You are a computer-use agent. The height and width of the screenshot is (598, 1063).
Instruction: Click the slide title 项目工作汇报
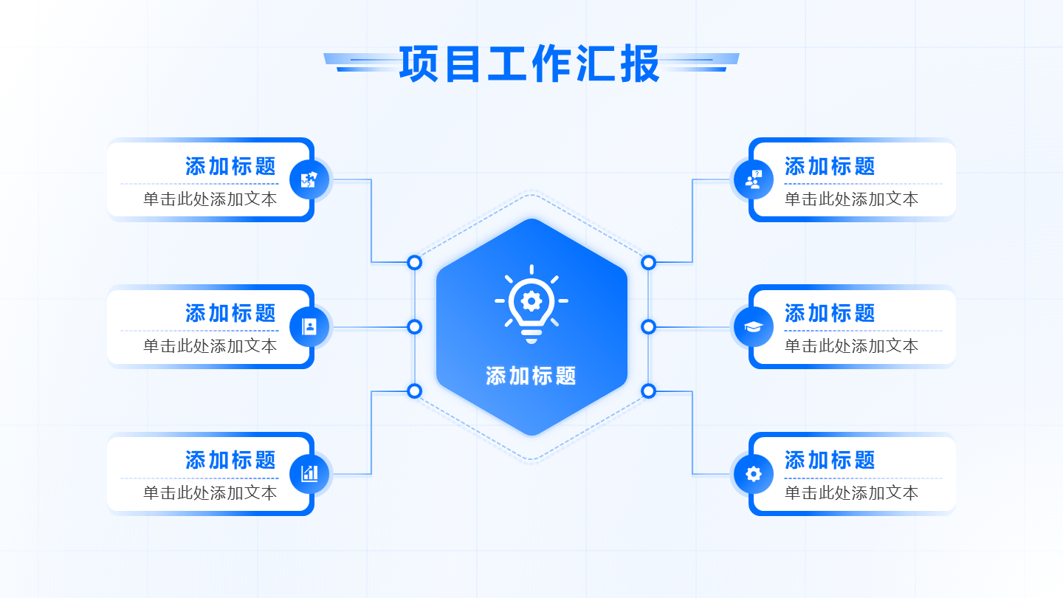tap(529, 64)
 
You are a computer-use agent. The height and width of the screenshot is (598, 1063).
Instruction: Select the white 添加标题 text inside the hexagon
tap(531, 376)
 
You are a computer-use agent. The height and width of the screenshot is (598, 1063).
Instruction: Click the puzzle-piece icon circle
tap(309, 179)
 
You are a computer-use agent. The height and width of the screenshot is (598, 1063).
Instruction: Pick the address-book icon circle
tap(309, 326)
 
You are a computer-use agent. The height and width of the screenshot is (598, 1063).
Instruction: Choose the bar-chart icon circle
tap(309, 473)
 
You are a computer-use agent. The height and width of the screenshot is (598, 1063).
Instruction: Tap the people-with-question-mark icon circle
tap(754, 179)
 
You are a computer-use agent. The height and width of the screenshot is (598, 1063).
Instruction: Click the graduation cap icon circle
tap(754, 326)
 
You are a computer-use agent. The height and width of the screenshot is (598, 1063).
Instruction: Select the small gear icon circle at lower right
tap(754, 473)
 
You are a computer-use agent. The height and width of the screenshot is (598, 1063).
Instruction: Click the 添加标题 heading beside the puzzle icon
tap(230, 166)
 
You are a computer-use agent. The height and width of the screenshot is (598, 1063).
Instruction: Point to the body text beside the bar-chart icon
tap(210, 492)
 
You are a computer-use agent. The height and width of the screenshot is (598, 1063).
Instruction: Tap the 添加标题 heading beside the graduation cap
tap(830, 313)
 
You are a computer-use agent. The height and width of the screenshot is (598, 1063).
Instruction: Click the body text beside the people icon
tap(851, 199)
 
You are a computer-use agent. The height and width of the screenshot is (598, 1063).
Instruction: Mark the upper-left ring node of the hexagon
tap(415, 262)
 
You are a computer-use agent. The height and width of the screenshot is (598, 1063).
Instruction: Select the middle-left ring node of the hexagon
tap(415, 326)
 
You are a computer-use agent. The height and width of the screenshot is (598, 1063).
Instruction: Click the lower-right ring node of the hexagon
tap(648, 391)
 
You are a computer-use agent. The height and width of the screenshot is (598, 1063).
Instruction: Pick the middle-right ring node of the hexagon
tap(648, 326)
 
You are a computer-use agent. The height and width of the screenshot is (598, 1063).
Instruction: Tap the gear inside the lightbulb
tap(531, 300)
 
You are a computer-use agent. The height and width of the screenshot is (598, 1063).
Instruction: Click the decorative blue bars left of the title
tap(362, 63)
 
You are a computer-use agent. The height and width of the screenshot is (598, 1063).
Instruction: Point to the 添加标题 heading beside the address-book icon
tap(230, 313)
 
